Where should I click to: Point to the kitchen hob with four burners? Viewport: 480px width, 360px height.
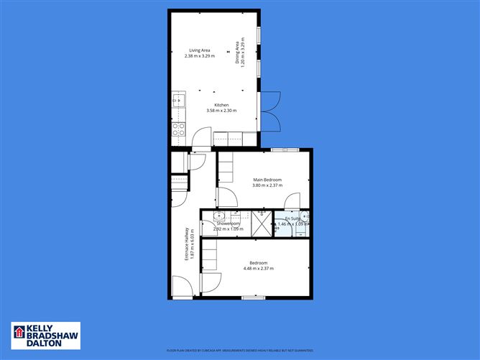pos(177,130)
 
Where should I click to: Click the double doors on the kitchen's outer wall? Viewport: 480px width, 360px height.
pos(269,112)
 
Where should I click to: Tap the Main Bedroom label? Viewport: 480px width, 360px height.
pos(267,180)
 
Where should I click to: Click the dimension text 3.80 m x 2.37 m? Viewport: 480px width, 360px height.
pos(267,186)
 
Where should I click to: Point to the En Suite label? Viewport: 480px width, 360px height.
pos(292,218)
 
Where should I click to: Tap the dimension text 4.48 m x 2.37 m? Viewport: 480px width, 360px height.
pos(258,269)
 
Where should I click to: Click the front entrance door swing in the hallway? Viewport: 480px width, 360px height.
pos(182,288)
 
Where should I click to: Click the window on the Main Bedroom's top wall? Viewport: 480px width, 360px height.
pos(285,149)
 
